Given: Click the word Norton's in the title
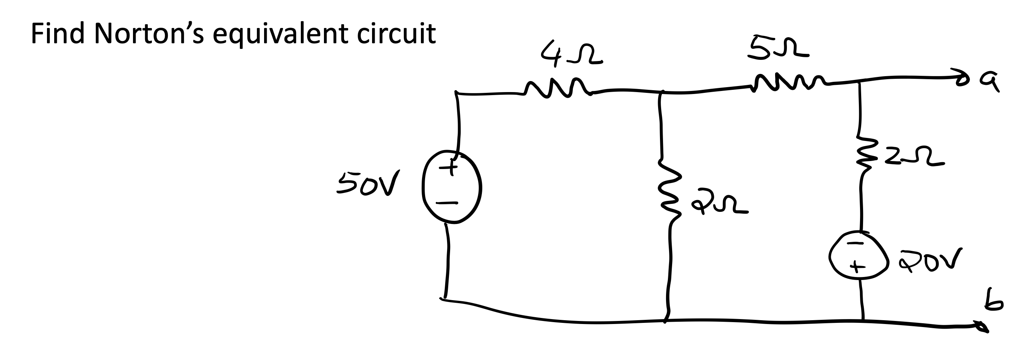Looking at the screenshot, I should [x=149, y=34].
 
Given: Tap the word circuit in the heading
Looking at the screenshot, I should [x=396, y=34].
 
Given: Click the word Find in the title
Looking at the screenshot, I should [x=58, y=34].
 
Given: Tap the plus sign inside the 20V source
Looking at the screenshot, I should [x=854, y=265].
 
